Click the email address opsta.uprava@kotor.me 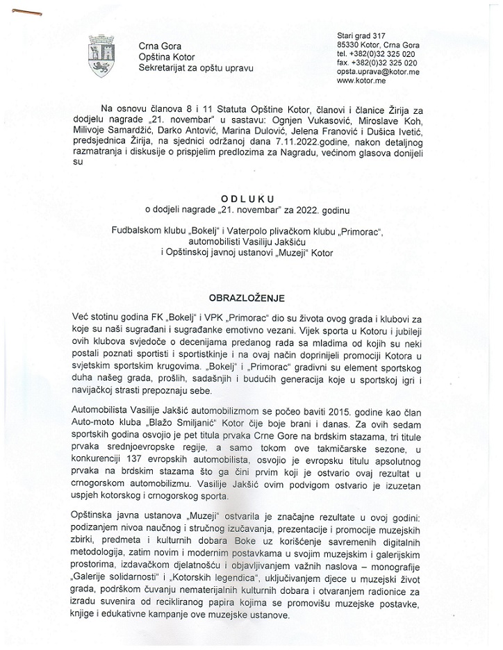(377, 72)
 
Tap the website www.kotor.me (361, 81)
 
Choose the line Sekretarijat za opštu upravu (197, 67)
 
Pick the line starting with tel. (376, 53)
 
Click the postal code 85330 (349, 44)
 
